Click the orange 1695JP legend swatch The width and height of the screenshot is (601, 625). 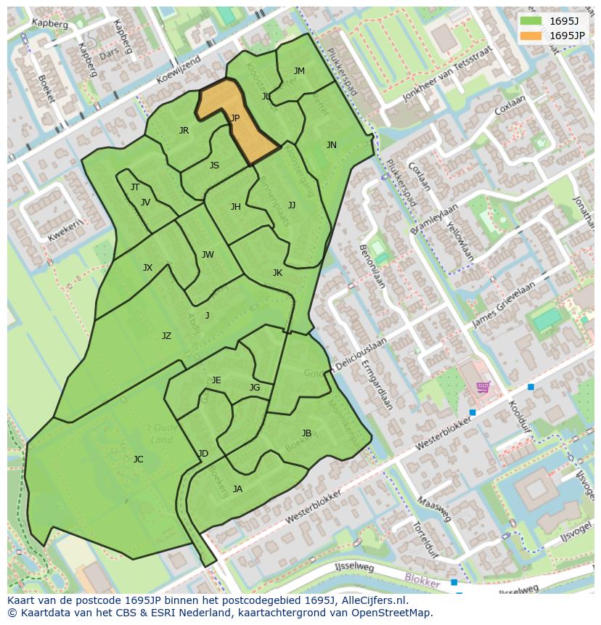point(531,35)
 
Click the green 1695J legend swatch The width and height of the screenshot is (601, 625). point(531,20)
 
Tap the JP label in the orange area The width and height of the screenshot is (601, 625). point(234,118)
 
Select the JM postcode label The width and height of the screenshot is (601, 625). point(299,70)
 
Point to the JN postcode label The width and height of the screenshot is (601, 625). point(331,145)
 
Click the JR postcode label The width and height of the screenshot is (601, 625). point(184,131)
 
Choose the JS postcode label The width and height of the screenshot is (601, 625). point(214,166)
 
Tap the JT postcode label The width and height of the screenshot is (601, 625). point(135,187)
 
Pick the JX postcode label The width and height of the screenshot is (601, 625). point(147,268)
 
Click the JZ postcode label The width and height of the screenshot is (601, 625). point(166,336)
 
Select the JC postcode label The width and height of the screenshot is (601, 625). point(138,459)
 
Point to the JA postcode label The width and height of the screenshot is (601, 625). point(237,489)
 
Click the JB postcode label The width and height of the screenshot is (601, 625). point(306,433)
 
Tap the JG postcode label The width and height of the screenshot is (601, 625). point(254,388)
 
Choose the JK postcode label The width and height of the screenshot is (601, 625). point(277,273)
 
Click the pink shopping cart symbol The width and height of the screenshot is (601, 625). point(483,386)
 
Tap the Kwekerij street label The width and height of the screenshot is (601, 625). point(63,231)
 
